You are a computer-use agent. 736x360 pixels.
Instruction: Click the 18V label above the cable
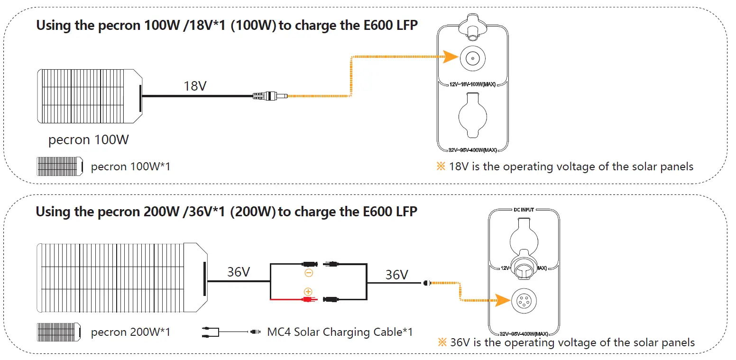195,86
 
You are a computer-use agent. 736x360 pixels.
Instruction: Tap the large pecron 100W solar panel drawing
90,97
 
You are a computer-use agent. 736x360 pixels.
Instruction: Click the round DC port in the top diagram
472,58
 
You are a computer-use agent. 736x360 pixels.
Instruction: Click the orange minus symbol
308,273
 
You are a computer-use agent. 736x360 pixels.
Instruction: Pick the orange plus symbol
308,291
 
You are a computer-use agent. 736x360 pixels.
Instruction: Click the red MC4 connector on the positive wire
308,299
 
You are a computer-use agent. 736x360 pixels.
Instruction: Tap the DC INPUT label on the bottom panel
524,209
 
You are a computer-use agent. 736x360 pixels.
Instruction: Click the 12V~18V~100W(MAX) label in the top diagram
472,84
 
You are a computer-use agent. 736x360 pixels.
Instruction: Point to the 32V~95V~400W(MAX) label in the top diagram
472,150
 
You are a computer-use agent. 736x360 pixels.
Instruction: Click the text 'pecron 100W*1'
130,167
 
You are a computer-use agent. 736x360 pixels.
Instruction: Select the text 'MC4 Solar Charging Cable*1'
340,332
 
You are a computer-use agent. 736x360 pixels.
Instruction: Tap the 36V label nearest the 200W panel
239,272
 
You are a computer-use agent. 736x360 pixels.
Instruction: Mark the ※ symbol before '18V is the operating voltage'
442,167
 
